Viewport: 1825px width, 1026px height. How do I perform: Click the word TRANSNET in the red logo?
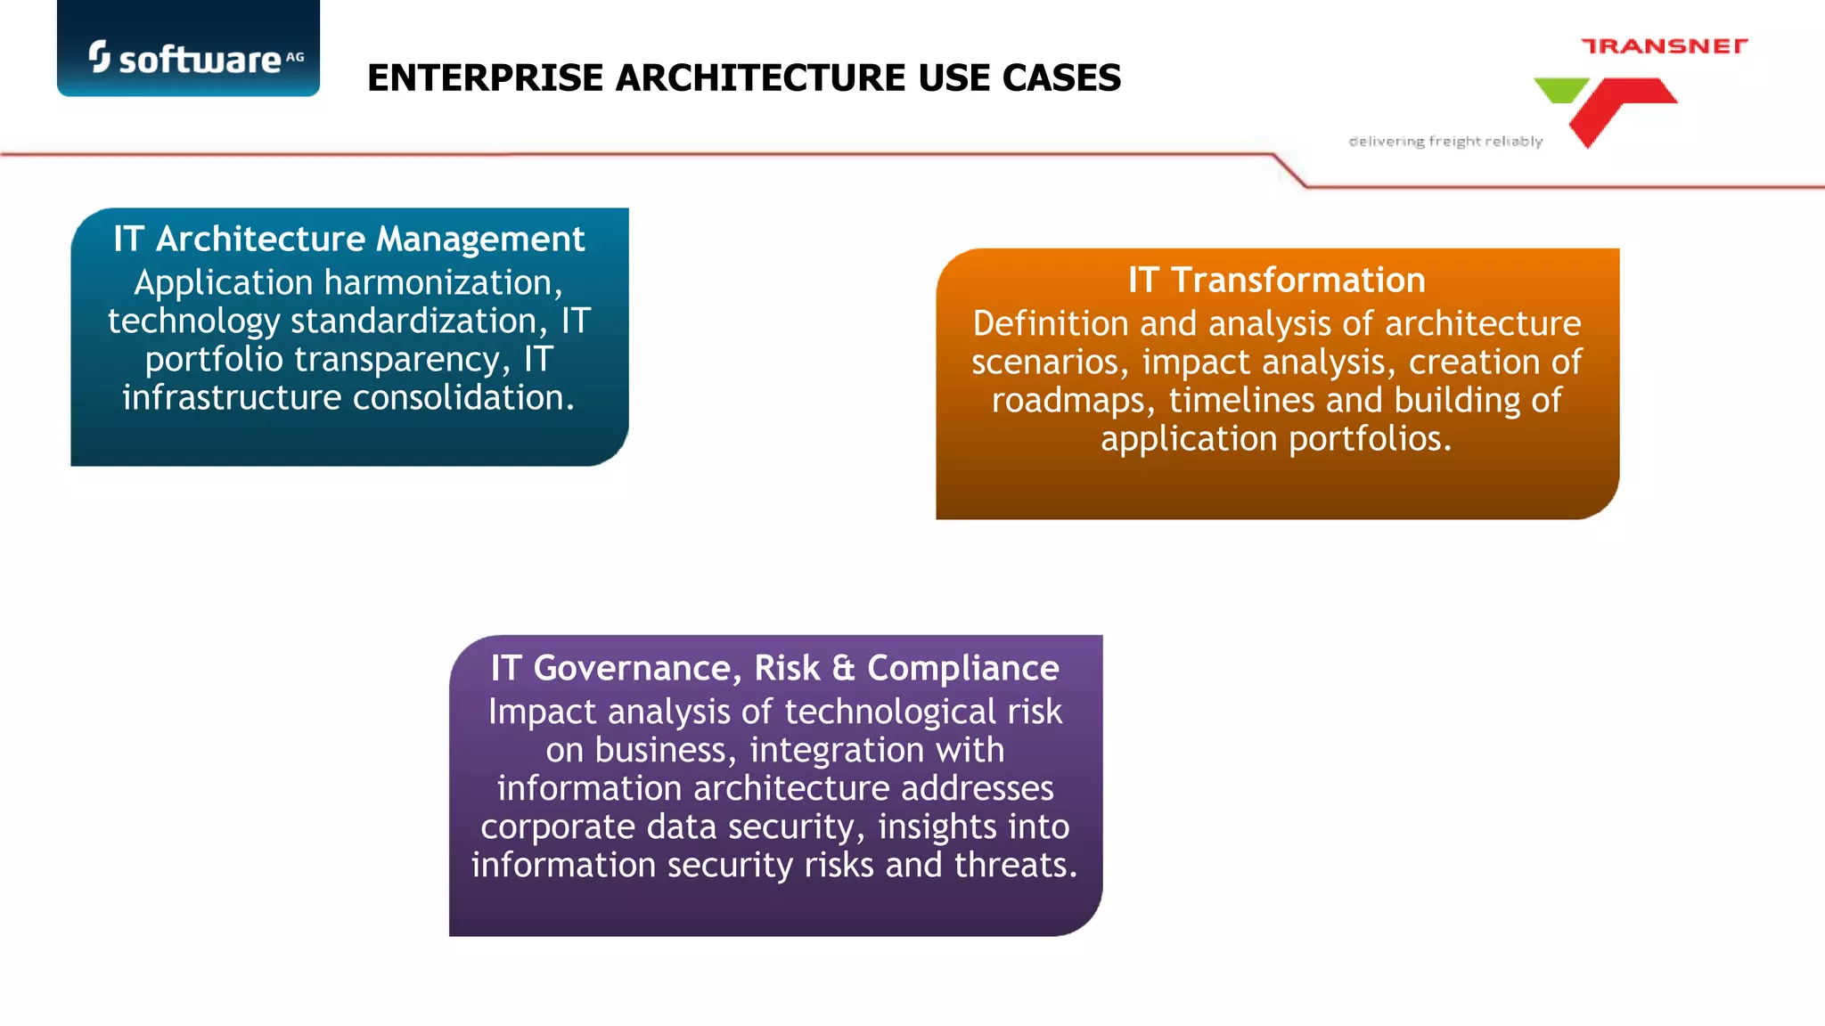1664,46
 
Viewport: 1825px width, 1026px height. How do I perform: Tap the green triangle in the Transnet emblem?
1560,89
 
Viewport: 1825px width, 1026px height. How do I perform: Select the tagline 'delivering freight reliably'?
1445,142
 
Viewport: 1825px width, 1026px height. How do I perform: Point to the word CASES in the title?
1061,78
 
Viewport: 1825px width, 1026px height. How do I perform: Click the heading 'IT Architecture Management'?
348,239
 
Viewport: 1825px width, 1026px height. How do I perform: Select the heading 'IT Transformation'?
1276,280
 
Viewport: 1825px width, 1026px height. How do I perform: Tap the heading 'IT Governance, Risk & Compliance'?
774,668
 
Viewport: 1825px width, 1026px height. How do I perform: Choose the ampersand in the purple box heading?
843,668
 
